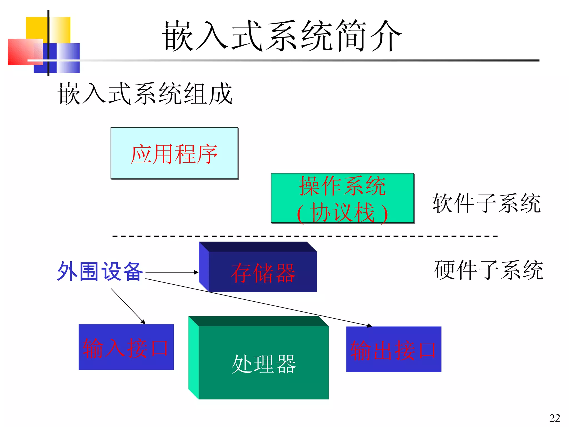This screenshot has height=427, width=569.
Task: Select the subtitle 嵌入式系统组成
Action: point(145,94)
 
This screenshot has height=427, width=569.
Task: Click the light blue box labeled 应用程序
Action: point(174,153)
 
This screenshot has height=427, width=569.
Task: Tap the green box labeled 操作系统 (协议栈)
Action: point(342,198)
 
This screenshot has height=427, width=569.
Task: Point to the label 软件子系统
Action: point(486,203)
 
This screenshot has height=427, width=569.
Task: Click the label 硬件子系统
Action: point(488,270)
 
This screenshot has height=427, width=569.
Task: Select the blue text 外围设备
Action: point(100,271)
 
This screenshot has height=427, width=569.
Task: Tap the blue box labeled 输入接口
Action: point(126,347)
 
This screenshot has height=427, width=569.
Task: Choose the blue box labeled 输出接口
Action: point(393,349)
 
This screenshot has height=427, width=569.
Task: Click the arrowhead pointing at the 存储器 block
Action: point(196,272)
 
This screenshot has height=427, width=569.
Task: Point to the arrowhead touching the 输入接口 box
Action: point(143,322)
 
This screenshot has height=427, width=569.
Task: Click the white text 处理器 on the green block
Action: point(264,364)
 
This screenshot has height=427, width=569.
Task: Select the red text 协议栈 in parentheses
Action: point(342,212)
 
